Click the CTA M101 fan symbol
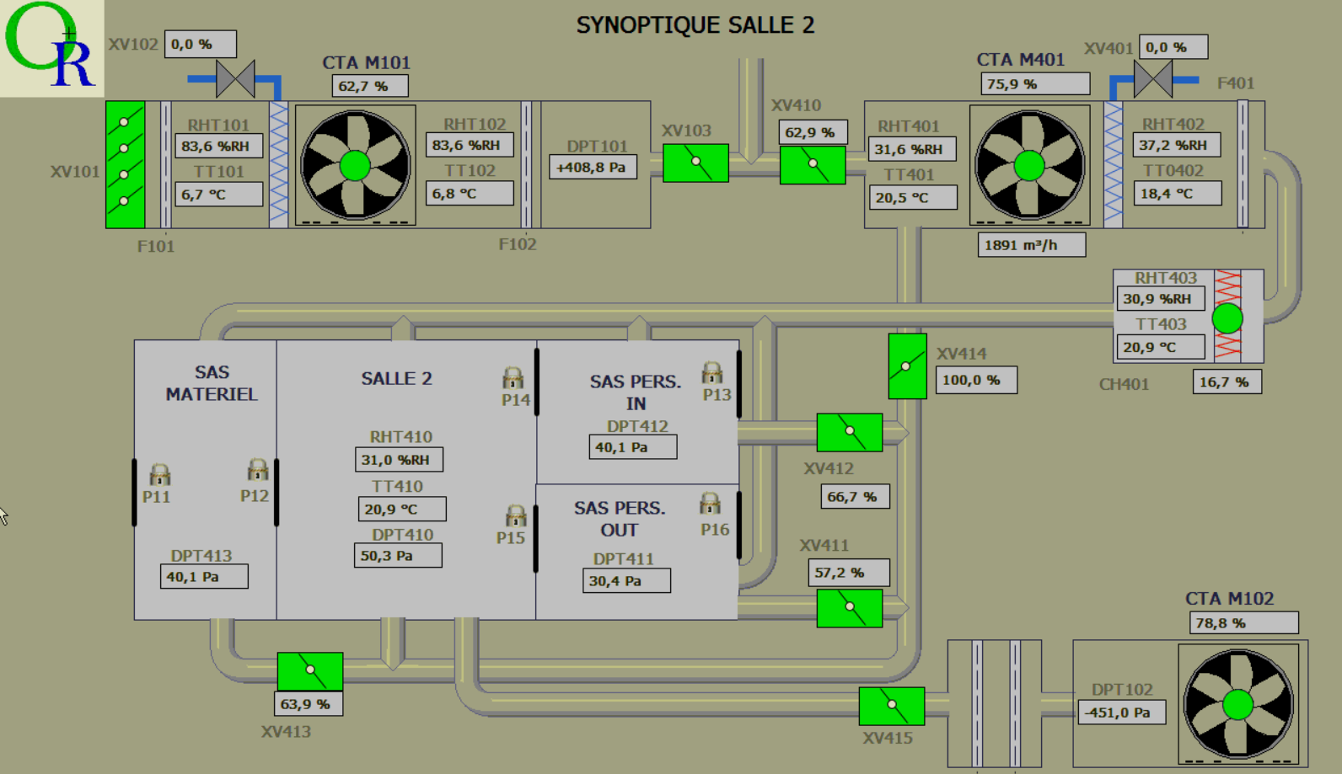(x=355, y=165)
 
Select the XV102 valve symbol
(x=235, y=78)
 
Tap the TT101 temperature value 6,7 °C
(x=218, y=195)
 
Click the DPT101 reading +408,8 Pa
(x=593, y=167)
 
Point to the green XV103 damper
(x=695, y=163)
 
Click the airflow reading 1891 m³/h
(x=1032, y=245)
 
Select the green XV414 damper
(x=907, y=366)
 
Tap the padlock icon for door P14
(x=513, y=377)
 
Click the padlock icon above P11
(x=159, y=475)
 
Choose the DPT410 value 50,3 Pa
(x=399, y=556)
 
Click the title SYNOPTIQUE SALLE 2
(x=695, y=25)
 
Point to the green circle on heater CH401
(x=1227, y=318)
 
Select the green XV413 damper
(x=310, y=671)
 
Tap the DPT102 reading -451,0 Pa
(x=1122, y=713)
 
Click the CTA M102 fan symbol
(x=1238, y=704)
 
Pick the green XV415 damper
(x=892, y=706)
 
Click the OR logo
(x=51, y=47)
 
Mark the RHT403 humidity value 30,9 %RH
(x=1161, y=299)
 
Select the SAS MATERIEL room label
(x=212, y=383)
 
